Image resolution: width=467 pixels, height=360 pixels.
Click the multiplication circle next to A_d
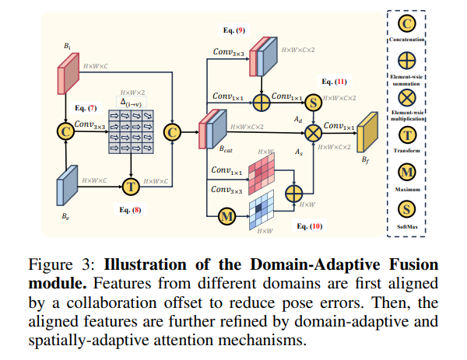tap(313, 132)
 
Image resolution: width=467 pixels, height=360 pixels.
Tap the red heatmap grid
tap(265, 168)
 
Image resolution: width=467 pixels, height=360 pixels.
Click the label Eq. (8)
tap(130, 210)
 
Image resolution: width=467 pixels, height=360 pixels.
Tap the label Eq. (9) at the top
tap(233, 31)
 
